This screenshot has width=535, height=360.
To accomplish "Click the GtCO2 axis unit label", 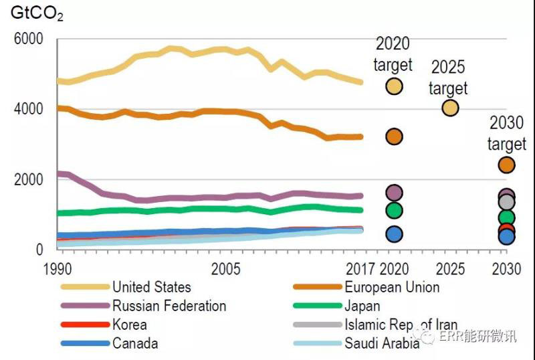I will [x=36, y=12].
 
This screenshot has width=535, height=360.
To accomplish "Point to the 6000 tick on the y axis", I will [x=29, y=39].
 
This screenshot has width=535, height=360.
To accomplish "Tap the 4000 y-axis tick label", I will [x=29, y=108].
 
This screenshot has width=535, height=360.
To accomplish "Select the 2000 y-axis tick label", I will [x=29, y=179].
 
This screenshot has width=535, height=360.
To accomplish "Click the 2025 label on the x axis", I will [x=450, y=269].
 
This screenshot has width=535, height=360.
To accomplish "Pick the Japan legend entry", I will [x=362, y=306].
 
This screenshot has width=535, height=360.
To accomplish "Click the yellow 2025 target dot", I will [x=450, y=108].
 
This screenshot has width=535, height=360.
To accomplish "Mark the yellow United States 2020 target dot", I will [x=394, y=86].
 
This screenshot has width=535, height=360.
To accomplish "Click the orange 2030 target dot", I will [x=506, y=165].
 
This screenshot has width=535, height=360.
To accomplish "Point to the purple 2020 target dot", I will [x=394, y=193].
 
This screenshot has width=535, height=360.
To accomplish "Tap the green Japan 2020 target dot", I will [x=394, y=210].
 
